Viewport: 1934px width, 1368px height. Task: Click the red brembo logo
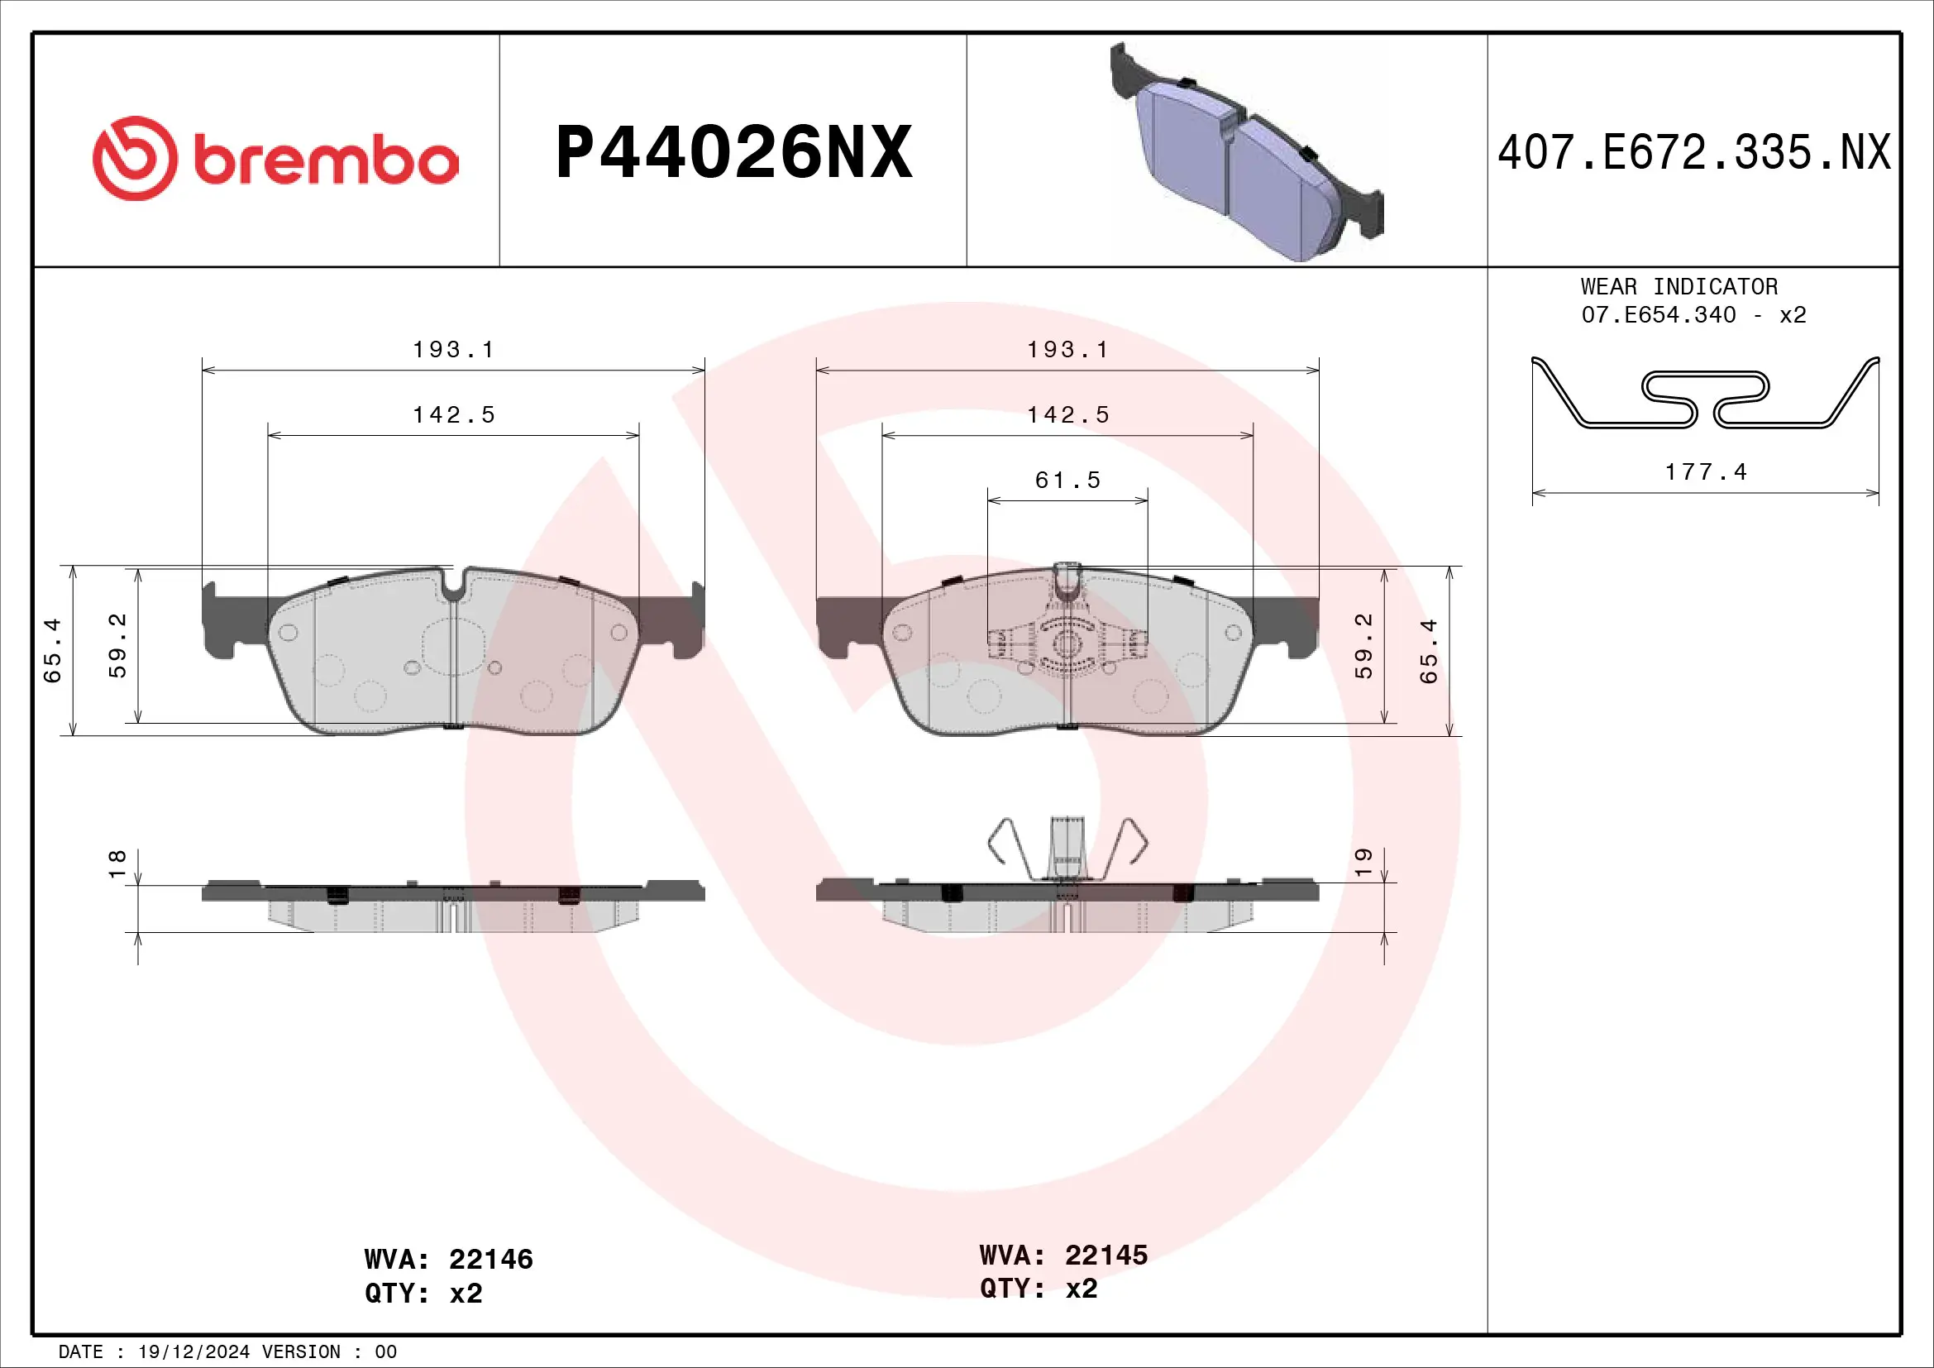(x=275, y=158)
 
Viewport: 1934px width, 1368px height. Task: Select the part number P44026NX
(x=733, y=152)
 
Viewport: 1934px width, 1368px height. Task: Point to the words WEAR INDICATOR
(x=1679, y=287)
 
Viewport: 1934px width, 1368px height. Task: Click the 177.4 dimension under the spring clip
(x=1705, y=471)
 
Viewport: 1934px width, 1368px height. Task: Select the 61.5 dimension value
(x=1067, y=481)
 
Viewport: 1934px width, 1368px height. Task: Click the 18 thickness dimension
(x=117, y=863)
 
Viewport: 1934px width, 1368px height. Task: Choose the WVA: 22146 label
(x=448, y=1260)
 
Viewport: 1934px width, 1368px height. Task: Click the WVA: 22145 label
(x=1063, y=1256)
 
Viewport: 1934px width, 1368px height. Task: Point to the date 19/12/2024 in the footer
(x=193, y=1352)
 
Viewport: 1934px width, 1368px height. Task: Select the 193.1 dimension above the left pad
(x=453, y=350)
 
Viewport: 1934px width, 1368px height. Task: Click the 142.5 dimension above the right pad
(x=1067, y=414)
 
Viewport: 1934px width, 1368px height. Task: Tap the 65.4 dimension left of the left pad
(x=52, y=650)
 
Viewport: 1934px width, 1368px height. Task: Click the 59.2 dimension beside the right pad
(x=1363, y=646)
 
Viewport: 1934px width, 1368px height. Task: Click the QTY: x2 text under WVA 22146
(x=423, y=1293)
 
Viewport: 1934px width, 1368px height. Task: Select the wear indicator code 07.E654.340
(x=1658, y=315)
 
